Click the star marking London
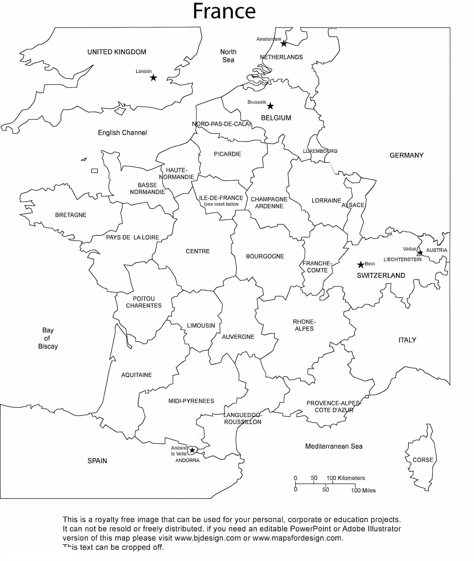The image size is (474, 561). (x=153, y=78)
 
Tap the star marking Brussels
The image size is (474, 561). (x=270, y=106)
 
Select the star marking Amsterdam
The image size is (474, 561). (x=284, y=43)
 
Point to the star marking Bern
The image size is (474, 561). (x=361, y=265)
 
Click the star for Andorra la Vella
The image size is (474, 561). (x=192, y=450)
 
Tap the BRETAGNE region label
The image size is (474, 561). (x=71, y=215)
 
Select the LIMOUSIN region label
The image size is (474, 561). (x=201, y=326)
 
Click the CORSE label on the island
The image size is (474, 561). (x=423, y=460)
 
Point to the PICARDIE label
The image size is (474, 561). (x=228, y=154)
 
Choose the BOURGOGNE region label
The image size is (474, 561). (x=265, y=256)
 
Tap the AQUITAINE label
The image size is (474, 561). (x=137, y=375)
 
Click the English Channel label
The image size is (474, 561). (x=122, y=133)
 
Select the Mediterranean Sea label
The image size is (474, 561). (x=334, y=446)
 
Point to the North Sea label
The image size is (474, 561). (x=228, y=56)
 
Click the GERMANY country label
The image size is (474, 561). (x=406, y=155)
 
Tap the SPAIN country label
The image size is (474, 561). (x=97, y=461)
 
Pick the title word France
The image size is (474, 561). (x=224, y=11)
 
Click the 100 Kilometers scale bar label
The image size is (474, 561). (x=346, y=478)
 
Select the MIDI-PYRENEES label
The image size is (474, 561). (x=191, y=401)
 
